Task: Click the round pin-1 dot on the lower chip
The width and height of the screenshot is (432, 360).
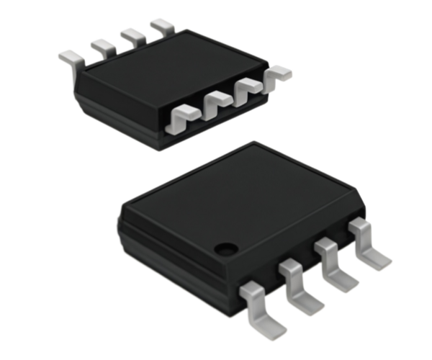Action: point(226,249)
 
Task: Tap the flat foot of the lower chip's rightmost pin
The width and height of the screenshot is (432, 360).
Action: point(378,256)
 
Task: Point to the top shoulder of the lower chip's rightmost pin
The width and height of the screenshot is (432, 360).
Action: point(358,227)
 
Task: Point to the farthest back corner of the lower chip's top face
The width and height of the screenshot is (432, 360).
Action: point(251,142)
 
